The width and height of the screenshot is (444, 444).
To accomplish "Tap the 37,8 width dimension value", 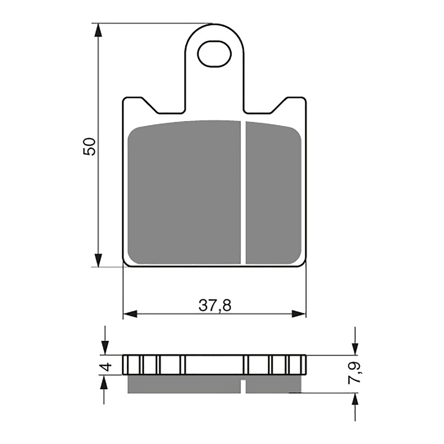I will pyautogui.click(x=214, y=305).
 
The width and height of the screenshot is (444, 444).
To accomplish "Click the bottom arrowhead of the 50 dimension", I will pyautogui.click(x=98, y=260).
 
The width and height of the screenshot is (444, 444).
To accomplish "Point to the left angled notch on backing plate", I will pyautogui.click(x=151, y=105).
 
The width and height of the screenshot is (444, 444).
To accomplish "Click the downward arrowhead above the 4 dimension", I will pyautogui.click(x=105, y=348).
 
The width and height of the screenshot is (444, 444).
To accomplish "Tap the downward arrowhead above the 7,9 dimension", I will pyautogui.click(x=355, y=348).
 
